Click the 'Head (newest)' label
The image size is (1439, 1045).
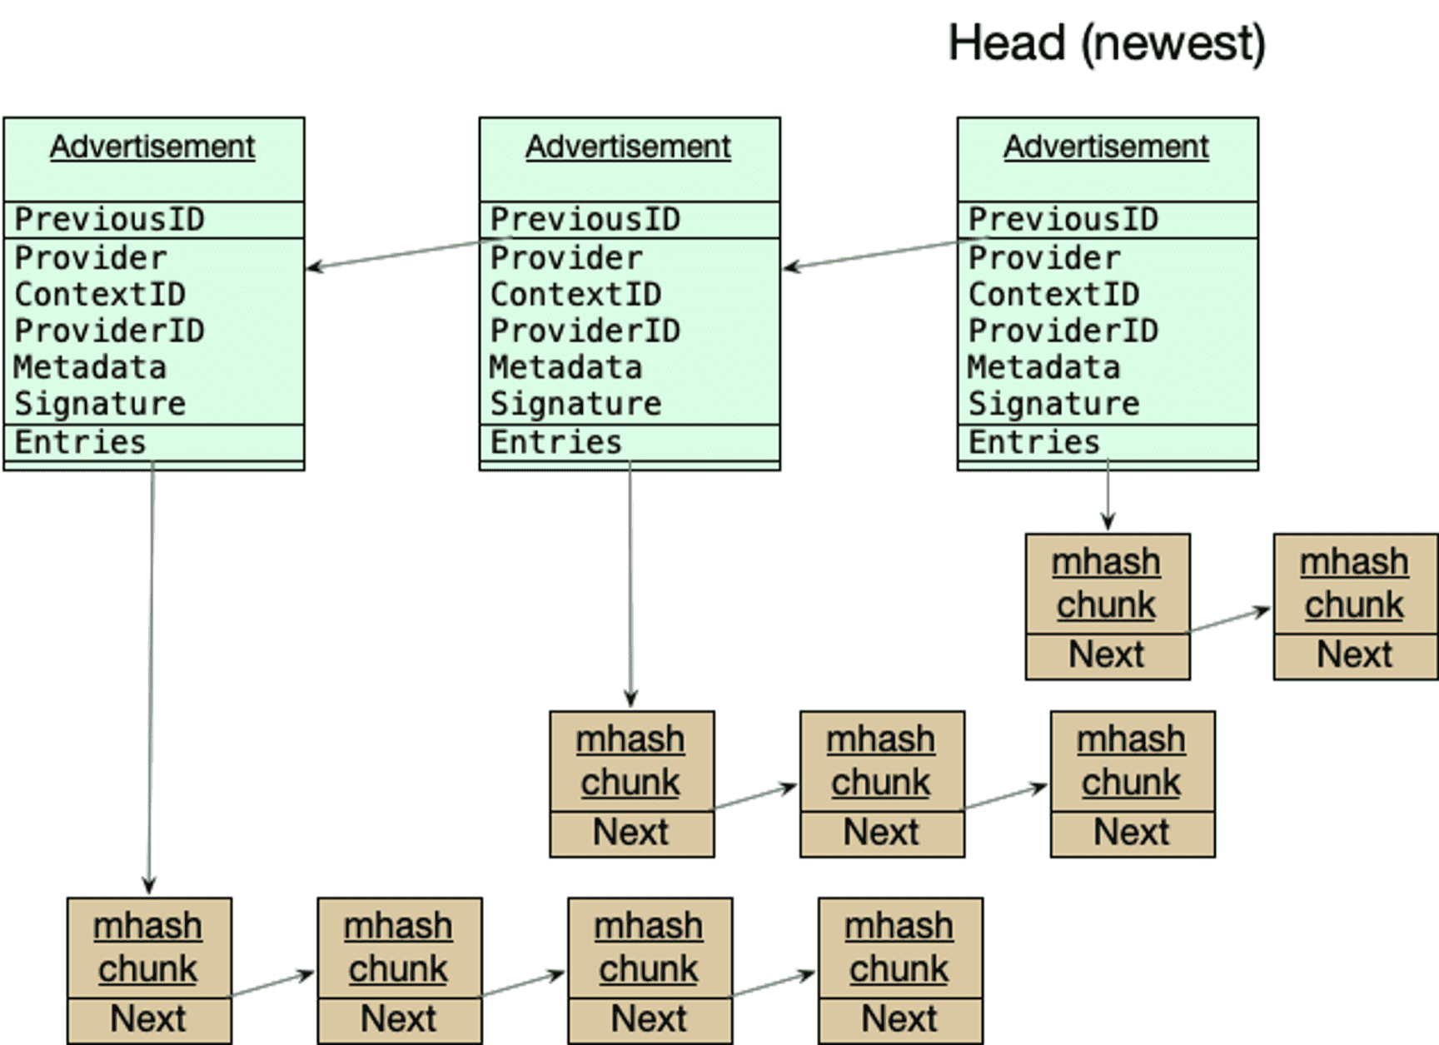click(1106, 43)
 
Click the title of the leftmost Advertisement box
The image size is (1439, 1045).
click(152, 147)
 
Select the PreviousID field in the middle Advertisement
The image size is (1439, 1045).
click(585, 220)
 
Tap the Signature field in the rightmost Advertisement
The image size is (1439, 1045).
click(1053, 404)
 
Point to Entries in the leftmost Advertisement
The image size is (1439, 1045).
click(80, 442)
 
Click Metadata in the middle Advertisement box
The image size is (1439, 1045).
click(565, 367)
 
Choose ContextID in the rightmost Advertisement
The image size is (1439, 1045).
click(1053, 294)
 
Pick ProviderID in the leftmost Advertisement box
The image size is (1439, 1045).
click(109, 331)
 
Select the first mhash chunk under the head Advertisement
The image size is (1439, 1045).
click(1107, 584)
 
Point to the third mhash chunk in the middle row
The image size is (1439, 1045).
click(1132, 761)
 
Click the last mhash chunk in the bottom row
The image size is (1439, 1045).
click(899, 948)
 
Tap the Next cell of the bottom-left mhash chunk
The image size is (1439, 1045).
click(148, 1019)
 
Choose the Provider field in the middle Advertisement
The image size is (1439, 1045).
click(566, 258)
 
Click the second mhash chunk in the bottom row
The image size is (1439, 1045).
click(399, 948)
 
